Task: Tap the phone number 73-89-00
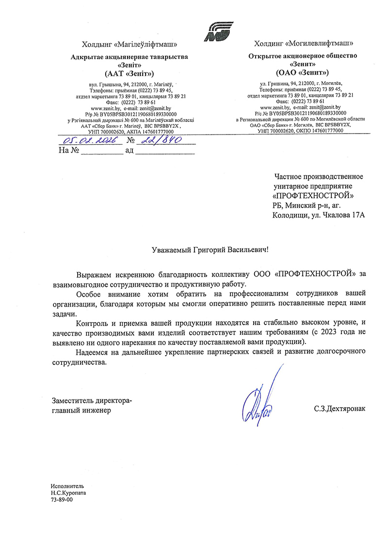pyautogui.click(x=61, y=499)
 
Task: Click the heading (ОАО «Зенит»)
pyautogui.click(x=302, y=73)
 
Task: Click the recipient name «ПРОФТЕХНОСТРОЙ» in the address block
pyautogui.click(x=313, y=196)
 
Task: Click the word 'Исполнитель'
pyautogui.click(x=67, y=485)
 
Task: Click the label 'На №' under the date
pyautogui.click(x=68, y=151)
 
